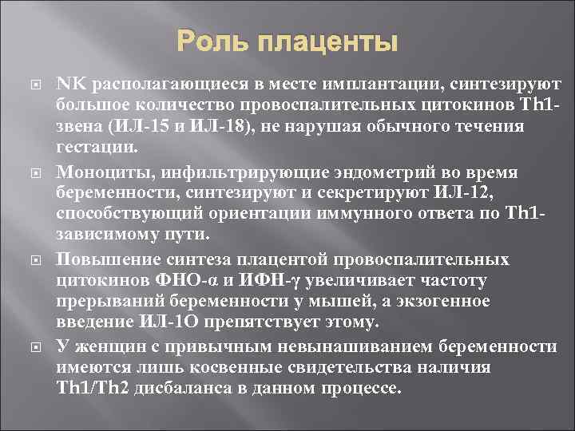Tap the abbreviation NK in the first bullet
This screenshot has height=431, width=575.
[69, 84]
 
